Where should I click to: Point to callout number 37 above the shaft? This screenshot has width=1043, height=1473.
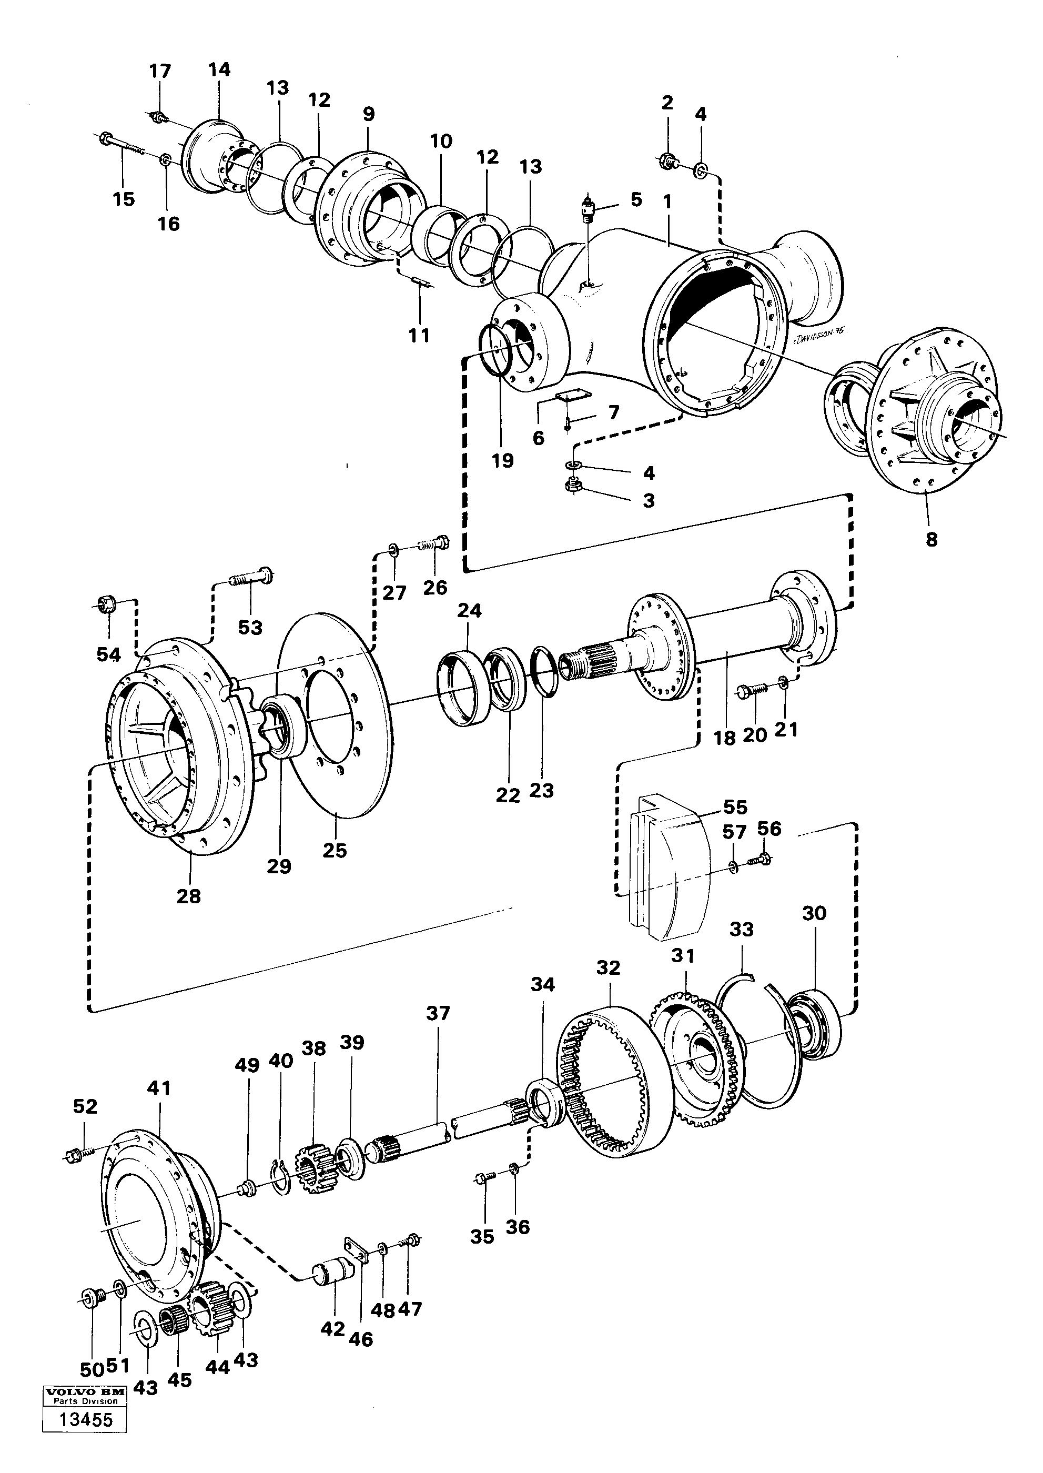[438, 1013]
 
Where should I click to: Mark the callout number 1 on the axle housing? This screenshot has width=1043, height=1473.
[667, 201]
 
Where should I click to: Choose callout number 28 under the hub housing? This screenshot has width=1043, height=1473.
[189, 895]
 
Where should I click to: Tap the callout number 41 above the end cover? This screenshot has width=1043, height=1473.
[159, 1088]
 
